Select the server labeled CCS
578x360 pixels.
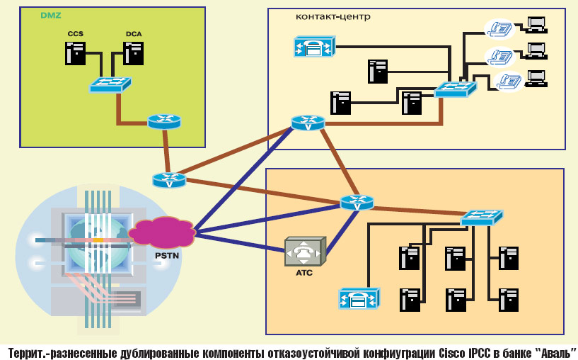point(76,52)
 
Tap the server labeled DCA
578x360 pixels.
point(133,52)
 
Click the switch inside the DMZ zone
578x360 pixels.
point(110,85)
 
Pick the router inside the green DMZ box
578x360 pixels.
point(164,121)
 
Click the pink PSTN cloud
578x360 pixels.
point(162,232)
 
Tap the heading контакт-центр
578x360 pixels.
point(333,16)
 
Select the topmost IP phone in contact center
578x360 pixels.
point(502,27)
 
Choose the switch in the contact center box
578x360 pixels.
point(455,89)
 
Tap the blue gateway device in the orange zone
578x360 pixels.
point(359,298)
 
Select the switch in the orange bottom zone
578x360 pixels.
point(481,218)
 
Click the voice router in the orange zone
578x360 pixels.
point(356,203)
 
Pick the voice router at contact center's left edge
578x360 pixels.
point(308,123)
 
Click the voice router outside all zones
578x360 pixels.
point(168,180)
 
